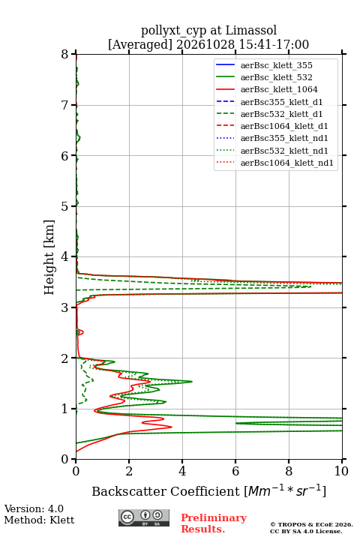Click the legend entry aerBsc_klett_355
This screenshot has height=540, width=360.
pyautogui.click(x=264, y=65)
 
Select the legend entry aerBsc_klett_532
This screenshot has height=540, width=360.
pyautogui.click(x=264, y=77)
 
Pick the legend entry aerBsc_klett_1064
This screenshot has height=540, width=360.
pyautogui.click(x=267, y=89)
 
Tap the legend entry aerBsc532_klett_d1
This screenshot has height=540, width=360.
pyautogui.click(x=269, y=114)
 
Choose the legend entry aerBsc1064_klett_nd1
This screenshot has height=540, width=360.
pyautogui.click(x=274, y=163)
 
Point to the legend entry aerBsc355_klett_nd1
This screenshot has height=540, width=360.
pyautogui.click(x=271, y=138)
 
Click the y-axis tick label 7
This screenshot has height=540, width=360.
pyautogui.click(x=64, y=105)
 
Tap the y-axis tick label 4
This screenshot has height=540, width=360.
pyautogui.click(x=64, y=256)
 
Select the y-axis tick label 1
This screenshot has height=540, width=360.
pyautogui.click(x=64, y=409)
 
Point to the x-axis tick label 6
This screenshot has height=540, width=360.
pyautogui.click(x=235, y=471)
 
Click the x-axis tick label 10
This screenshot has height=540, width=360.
pyautogui.click(x=342, y=471)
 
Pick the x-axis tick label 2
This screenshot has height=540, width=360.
pyautogui.click(x=129, y=471)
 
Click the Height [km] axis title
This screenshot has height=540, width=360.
pyautogui.click(x=49, y=257)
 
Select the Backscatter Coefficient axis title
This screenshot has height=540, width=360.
pyautogui.click(x=208, y=490)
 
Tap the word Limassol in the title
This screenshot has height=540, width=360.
pyautogui.click(x=251, y=30)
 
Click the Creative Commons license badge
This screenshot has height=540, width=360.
pyautogui.click(x=144, y=517)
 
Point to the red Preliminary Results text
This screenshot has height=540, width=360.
pyautogui.click(x=214, y=523)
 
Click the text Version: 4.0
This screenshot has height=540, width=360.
pyautogui.click(x=34, y=508)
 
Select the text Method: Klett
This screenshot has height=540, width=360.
pyautogui.click(x=39, y=520)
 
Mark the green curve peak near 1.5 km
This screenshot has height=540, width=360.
pyautogui.click(x=191, y=381)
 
